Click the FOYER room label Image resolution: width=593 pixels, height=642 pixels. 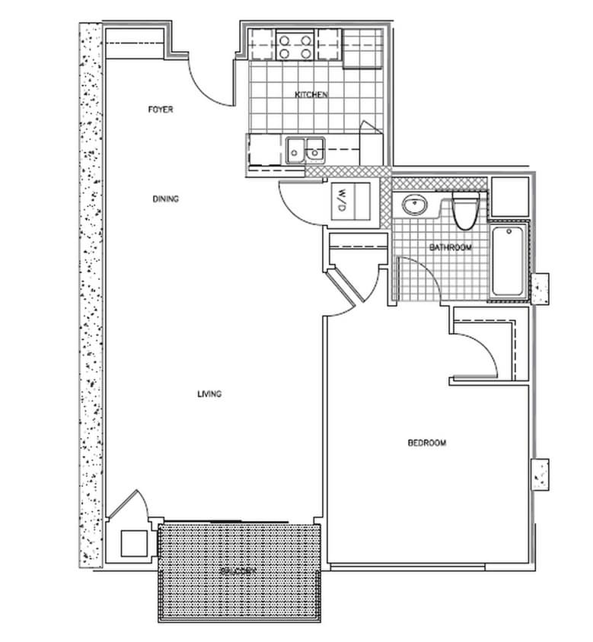pyautogui.click(x=161, y=110)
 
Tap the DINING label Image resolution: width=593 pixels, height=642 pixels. pyautogui.click(x=165, y=199)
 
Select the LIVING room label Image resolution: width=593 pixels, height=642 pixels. pyautogui.click(x=209, y=394)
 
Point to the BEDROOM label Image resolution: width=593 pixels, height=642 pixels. pyautogui.click(x=426, y=443)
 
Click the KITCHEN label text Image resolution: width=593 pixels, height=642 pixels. pyautogui.click(x=311, y=95)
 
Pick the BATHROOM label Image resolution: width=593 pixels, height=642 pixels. pyautogui.click(x=450, y=247)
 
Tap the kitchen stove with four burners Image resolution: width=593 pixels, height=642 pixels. pyautogui.click(x=295, y=45)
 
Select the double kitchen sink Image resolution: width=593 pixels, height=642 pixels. pyautogui.click(x=306, y=149)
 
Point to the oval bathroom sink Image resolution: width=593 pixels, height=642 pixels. pyautogui.click(x=414, y=204)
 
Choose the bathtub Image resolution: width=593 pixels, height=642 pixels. pyautogui.click(x=507, y=262)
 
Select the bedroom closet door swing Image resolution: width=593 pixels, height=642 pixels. pyautogui.click(x=480, y=354)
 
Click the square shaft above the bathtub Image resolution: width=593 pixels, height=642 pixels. pyautogui.click(x=509, y=197)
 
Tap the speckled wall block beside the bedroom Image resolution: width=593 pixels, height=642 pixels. pyautogui.click(x=541, y=475)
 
